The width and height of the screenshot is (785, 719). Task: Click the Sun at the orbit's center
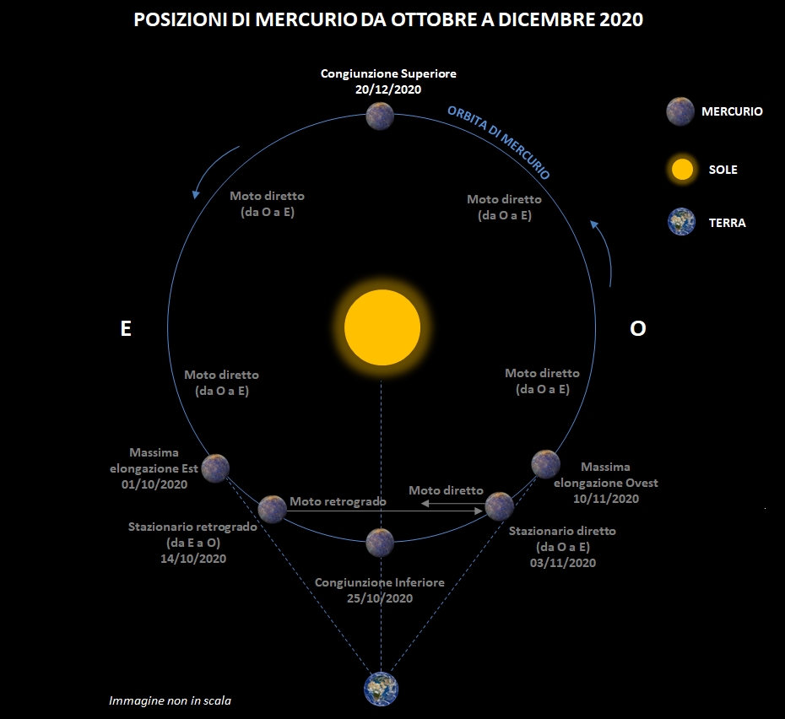[x=382, y=327]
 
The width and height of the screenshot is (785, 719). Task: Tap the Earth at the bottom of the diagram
[x=381, y=689]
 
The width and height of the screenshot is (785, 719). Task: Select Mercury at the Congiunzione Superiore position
[x=380, y=116]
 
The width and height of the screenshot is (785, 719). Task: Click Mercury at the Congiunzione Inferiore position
[x=380, y=543]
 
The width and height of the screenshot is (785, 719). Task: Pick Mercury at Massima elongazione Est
[x=215, y=468]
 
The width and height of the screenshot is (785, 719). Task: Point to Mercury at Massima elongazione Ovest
[x=545, y=464]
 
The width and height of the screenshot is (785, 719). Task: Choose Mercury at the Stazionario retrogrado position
[x=272, y=509]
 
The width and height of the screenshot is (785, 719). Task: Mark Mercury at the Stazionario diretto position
[x=499, y=506]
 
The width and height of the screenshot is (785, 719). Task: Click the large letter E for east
[x=126, y=328]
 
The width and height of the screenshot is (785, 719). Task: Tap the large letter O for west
[x=638, y=328]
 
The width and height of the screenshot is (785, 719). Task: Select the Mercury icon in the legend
[x=680, y=111]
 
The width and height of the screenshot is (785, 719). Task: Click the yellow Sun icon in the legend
[x=682, y=170]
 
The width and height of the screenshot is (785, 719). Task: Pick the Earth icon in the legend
[x=681, y=221]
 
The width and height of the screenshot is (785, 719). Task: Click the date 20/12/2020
[x=388, y=89]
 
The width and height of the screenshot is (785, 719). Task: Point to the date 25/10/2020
[x=380, y=598]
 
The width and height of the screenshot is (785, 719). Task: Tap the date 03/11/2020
[x=563, y=563]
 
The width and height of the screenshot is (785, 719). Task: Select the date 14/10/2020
[x=193, y=559]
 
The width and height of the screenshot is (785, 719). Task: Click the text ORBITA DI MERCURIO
[x=499, y=143]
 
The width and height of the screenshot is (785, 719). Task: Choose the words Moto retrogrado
[x=338, y=501]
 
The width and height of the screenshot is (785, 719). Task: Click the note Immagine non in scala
[x=171, y=701]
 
